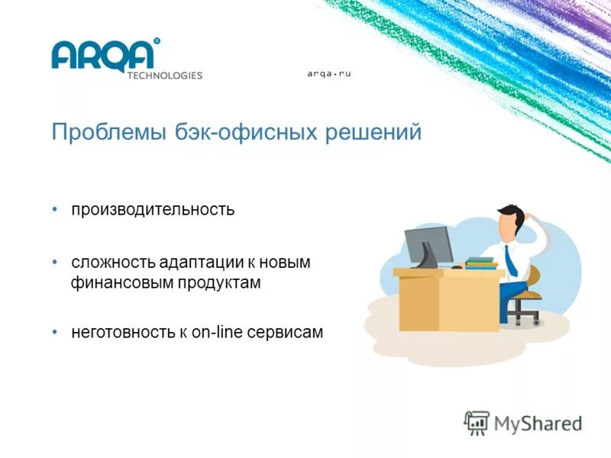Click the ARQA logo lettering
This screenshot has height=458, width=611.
pyautogui.click(x=105, y=54)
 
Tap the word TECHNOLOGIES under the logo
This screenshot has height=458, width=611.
pyautogui.click(x=164, y=76)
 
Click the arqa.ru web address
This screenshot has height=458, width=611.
pyautogui.click(x=328, y=73)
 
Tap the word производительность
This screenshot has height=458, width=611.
pyautogui.click(x=153, y=209)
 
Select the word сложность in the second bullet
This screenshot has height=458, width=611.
pyautogui.click(x=113, y=263)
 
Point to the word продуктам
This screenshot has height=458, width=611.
pyautogui.click(x=220, y=283)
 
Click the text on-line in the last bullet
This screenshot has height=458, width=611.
pyautogui.click(x=218, y=333)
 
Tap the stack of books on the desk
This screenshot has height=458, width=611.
pyautogui.click(x=481, y=263)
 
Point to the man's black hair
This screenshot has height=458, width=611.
pyautogui.click(x=509, y=212)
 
